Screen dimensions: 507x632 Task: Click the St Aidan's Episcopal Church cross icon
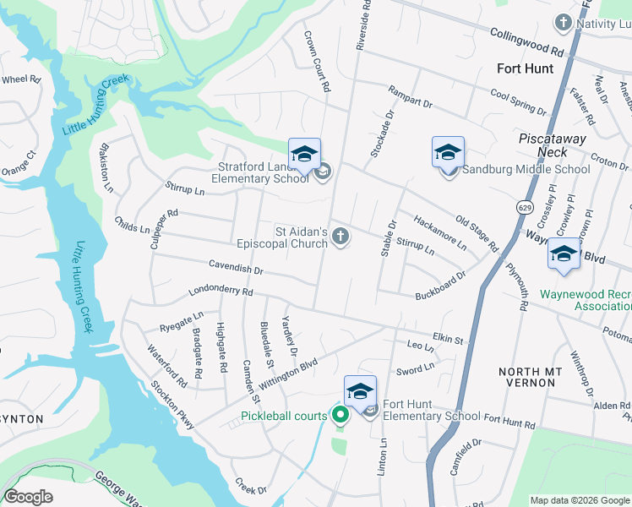(x=341, y=236)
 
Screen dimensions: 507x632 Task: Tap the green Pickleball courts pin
(x=340, y=414)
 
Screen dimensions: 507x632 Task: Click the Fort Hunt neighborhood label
(x=525, y=68)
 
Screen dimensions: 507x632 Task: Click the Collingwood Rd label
(x=526, y=39)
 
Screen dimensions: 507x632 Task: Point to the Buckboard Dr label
(x=440, y=286)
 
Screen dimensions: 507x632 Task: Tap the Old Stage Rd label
(x=477, y=233)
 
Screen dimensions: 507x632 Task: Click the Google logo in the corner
(x=28, y=496)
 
